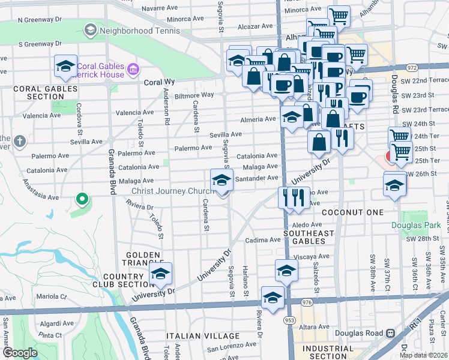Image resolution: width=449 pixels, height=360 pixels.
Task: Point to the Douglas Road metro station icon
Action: [390, 333]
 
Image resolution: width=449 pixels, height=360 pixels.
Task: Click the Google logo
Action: [19, 352]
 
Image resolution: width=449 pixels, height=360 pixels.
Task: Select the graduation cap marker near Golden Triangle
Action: [160, 275]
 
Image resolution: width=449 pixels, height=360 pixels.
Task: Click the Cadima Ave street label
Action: [264, 239]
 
